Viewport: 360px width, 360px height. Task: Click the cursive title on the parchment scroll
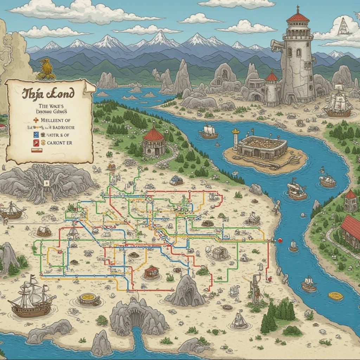pyautogui.click(x=49, y=94)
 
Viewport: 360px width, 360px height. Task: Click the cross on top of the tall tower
pyautogui.click(x=297, y=8)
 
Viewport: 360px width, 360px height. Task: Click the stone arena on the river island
pyautogui.click(x=262, y=146)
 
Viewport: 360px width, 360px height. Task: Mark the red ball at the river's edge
pyautogui.click(x=280, y=240)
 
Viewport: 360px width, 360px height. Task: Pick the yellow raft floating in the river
pyautogui.click(x=335, y=296)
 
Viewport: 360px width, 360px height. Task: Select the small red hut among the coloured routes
pyautogui.click(x=151, y=271)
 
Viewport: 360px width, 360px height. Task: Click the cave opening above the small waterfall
pyautogui.click(x=136, y=318)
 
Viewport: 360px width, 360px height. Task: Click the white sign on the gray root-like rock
pyautogui.click(x=45, y=182)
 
